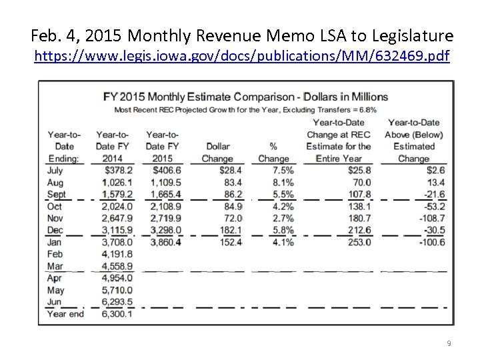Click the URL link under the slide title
pyautogui.click(x=242, y=57)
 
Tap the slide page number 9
pyautogui.click(x=449, y=343)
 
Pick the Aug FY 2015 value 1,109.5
pyautogui.click(x=163, y=182)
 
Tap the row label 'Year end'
pyautogui.click(x=65, y=314)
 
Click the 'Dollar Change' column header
pyautogui.click(x=217, y=152)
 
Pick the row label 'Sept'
pyautogui.click(x=57, y=194)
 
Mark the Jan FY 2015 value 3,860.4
pyautogui.click(x=163, y=242)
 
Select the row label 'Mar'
pyautogui.click(x=55, y=266)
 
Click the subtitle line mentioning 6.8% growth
pyautogui.click(x=245, y=109)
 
